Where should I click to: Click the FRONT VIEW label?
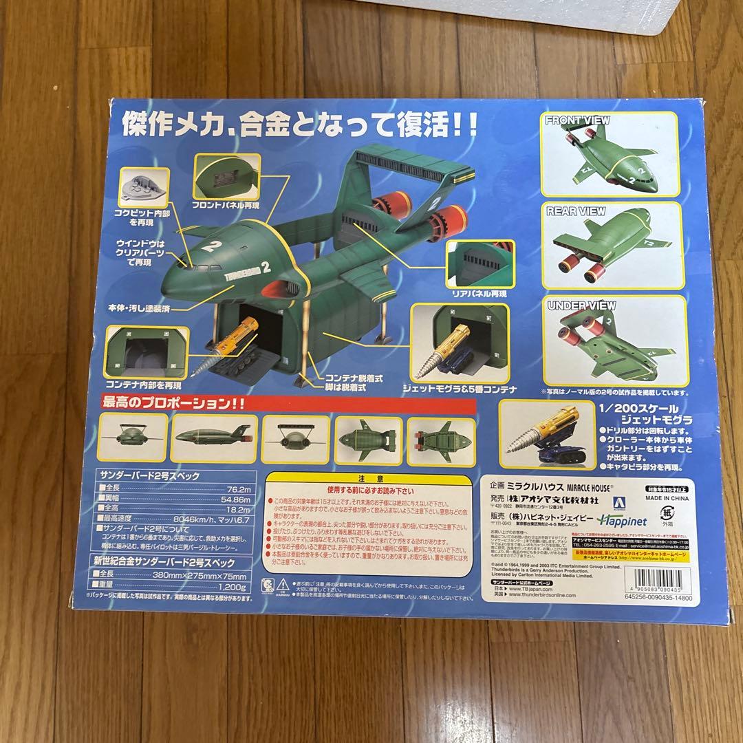pyautogui.click(x=577, y=120)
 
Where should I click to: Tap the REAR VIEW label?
pyautogui.click(x=575, y=211)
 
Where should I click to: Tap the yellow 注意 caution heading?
pyautogui.click(x=376, y=477)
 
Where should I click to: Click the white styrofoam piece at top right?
pyautogui.click(x=695, y=21)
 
